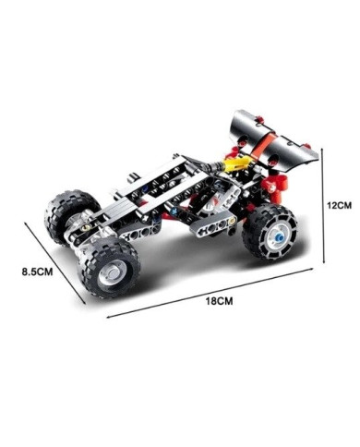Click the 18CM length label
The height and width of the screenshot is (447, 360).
pyautogui.click(x=219, y=301)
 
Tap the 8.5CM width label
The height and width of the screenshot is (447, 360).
pyautogui.click(x=37, y=272)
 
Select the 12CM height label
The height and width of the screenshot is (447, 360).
pyautogui.click(x=339, y=205)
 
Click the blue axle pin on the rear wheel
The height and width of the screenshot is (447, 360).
pyautogui.click(x=279, y=237)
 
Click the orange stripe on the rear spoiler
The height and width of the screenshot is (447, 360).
pyautogui.click(x=261, y=145)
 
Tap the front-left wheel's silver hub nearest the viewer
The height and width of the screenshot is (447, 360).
pyautogui.click(x=110, y=272)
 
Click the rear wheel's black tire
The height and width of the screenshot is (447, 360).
pyautogui.click(x=270, y=232)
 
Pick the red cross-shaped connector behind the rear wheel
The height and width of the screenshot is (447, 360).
pyautogui.click(x=276, y=186)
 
